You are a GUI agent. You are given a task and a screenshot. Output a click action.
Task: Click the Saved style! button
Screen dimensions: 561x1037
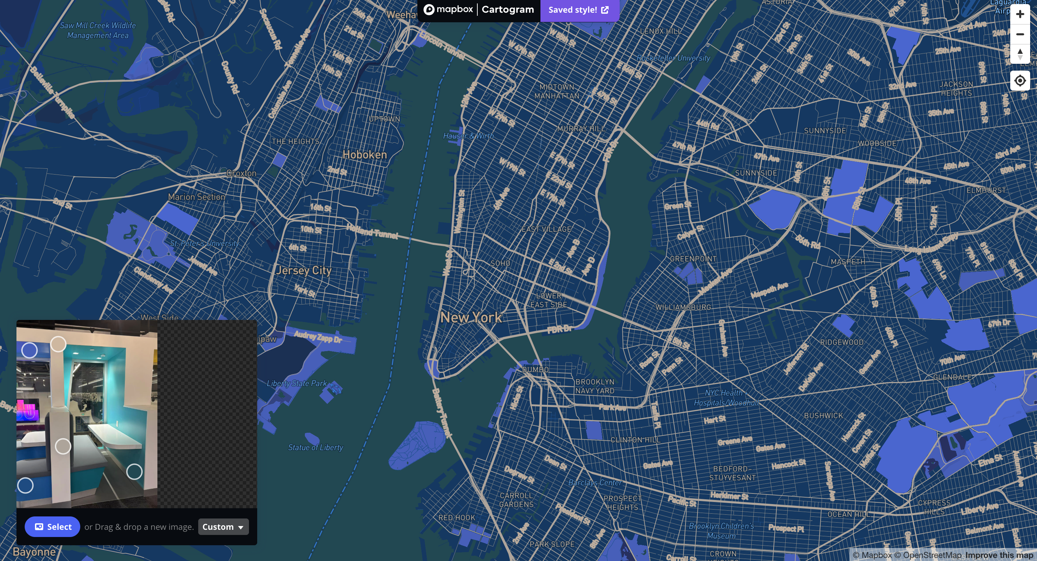point(579,10)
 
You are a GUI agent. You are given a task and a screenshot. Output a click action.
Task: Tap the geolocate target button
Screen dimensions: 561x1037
point(1020,81)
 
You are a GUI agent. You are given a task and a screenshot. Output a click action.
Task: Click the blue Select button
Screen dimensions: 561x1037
point(52,527)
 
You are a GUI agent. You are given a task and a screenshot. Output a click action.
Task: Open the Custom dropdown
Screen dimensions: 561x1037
point(223,527)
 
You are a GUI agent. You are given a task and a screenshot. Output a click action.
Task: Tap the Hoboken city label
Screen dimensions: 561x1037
point(364,155)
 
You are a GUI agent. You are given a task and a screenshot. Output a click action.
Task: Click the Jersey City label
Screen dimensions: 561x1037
point(304,271)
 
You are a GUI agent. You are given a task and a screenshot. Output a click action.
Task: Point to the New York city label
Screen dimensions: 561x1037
point(470,318)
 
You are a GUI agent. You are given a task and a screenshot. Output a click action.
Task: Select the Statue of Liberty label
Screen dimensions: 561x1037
point(315,447)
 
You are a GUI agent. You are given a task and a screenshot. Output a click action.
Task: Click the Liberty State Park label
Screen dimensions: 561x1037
point(297,383)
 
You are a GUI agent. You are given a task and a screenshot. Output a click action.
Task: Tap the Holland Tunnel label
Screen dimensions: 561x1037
point(372,232)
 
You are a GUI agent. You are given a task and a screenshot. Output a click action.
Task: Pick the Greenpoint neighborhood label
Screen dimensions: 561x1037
point(693,259)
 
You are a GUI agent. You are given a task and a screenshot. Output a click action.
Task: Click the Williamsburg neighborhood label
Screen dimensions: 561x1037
point(683,307)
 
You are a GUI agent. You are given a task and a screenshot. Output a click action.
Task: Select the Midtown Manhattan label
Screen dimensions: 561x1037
point(557,91)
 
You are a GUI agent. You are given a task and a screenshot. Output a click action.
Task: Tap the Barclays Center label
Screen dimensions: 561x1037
point(595,482)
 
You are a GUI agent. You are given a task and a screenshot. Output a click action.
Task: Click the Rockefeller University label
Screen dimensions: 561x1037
point(673,58)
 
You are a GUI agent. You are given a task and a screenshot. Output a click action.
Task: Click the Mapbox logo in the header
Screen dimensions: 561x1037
point(448,9)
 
